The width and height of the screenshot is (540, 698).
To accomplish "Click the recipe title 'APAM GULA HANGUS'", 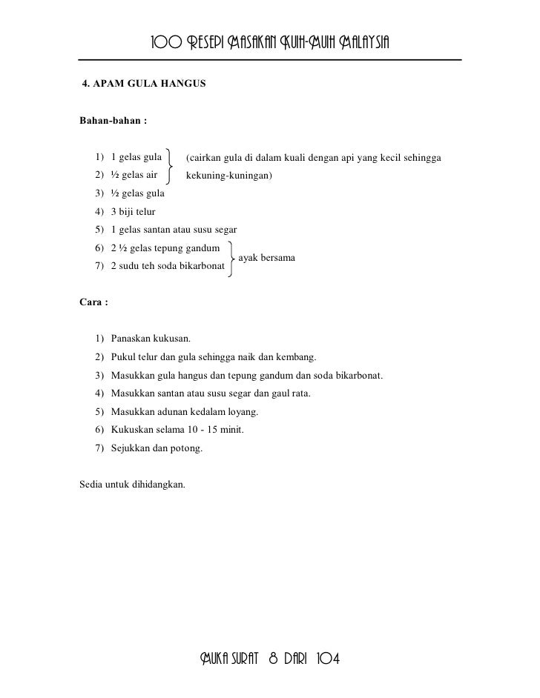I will point(148,84).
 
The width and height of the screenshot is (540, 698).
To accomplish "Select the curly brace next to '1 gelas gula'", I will point(172,166).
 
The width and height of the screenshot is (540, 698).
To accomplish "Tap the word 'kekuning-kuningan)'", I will point(229,176).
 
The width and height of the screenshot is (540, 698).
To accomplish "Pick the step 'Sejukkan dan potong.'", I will point(156,448).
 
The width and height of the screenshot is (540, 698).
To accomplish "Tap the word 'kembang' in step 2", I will point(298,357).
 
